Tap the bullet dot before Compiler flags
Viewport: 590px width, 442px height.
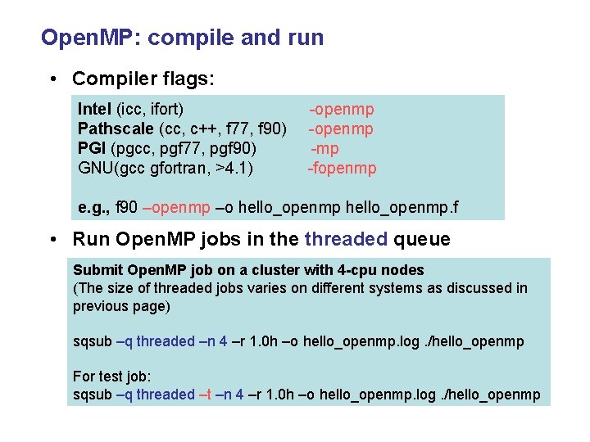53,79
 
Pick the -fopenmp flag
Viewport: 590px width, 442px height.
342,169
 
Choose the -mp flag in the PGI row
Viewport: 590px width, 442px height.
324,149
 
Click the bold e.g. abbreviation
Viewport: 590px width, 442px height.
92,209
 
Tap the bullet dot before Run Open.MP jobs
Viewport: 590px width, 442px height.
53,240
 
